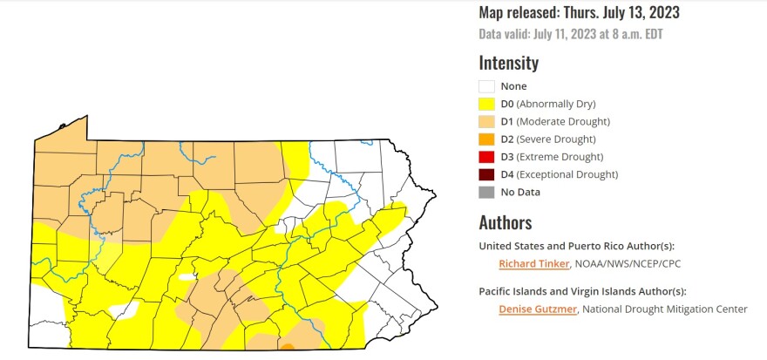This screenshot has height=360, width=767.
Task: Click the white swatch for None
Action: click(x=486, y=86)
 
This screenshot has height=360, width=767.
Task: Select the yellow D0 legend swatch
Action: click(x=486, y=104)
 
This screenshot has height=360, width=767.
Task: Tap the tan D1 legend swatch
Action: click(x=486, y=121)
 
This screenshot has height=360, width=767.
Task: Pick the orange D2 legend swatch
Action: click(x=486, y=139)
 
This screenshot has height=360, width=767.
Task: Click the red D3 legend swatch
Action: click(x=486, y=157)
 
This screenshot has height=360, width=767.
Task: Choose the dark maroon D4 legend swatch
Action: click(x=486, y=174)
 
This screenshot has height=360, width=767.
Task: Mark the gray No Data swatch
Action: click(x=486, y=192)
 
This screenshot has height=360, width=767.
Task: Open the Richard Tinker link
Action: click(x=533, y=263)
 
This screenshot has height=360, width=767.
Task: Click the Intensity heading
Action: click(x=508, y=63)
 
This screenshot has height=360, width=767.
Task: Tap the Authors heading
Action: click(x=505, y=222)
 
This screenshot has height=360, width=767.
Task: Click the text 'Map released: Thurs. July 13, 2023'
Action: click(x=579, y=13)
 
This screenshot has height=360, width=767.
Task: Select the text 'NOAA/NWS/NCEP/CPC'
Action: click(x=624, y=263)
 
